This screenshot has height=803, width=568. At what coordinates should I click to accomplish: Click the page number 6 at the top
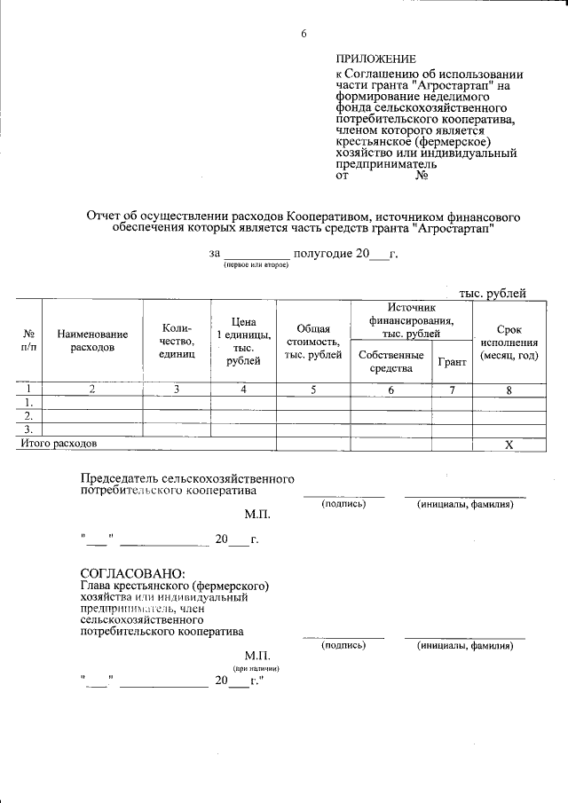click(x=304, y=34)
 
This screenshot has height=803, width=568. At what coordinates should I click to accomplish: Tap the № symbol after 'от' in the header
click(x=422, y=175)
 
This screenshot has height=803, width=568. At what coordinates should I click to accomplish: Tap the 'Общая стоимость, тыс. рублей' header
click(x=313, y=342)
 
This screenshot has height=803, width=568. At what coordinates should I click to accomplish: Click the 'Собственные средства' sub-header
click(x=390, y=361)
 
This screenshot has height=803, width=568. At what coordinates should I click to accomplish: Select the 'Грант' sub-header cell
click(x=452, y=362)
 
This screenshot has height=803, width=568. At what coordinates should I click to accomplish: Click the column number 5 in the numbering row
click(x=313, y=389)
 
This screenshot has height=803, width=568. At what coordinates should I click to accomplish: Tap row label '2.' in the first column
click(x=28, y=415)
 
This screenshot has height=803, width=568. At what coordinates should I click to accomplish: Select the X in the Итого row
click(x=509, y=444)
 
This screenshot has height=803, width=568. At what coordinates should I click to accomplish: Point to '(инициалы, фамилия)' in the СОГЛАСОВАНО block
click(x=465, y=646)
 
